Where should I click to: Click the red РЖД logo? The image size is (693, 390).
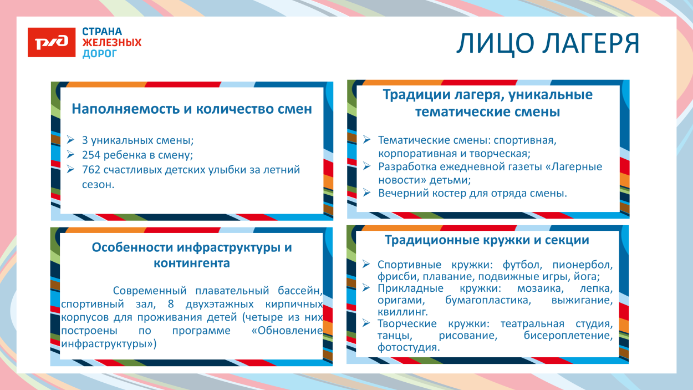click(x=52, y=42)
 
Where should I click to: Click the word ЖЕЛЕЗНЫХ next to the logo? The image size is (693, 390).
click(x=111, y=43)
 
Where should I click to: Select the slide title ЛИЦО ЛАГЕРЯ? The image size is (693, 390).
click(x=548, y=44)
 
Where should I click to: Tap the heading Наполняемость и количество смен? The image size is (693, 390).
click(x=192, y=109)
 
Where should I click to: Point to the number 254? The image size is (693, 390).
click(x=91, y=155)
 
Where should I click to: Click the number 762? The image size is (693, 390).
click(x=91, y=170)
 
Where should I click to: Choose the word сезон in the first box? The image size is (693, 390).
click(x=98, y=184)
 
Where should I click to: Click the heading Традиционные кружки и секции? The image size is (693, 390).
click(x=487, y=240)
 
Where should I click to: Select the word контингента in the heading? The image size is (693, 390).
click(x=192, y=263)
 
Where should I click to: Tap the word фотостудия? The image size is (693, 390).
click(x=409, y=348)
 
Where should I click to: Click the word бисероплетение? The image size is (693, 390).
click(x=568, y=336)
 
